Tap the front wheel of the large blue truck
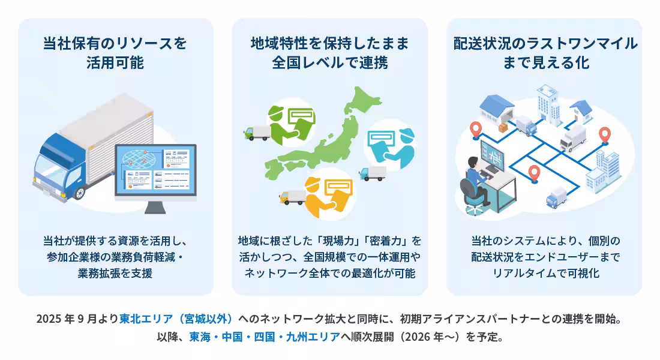click(79, 191)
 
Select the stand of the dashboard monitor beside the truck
click(155, 208)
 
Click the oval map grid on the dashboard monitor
click(139, 158)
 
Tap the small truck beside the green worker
click(255, 133)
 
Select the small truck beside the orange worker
click(292, 196)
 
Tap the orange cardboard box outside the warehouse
click(502, 129)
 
